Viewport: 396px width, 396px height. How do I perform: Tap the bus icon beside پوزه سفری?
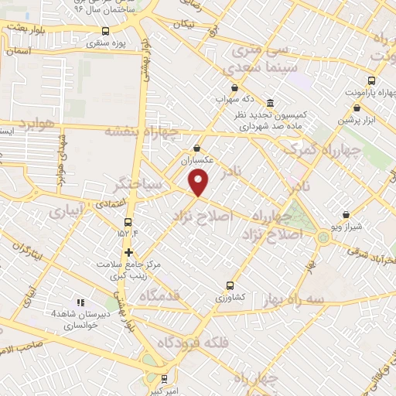[x=106, y=31]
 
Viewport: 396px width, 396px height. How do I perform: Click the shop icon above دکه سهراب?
[x=233, y=87]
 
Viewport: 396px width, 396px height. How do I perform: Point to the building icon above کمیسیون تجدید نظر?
[x=269, y=103]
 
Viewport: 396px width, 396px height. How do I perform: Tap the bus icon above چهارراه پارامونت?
[x=371, y=80]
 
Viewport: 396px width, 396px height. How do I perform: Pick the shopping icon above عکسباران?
[x=197, y=148]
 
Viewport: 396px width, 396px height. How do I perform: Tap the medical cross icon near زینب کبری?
[x=128, y=252]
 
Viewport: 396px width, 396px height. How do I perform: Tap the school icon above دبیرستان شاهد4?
[x=80, y=302]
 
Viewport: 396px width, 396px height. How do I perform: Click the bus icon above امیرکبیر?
[x=163, y=379]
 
